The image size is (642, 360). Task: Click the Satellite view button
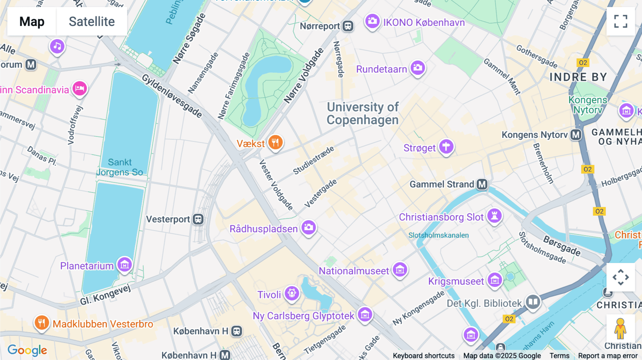pyautogui.click(x=92, y=21)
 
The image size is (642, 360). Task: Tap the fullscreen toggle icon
pyautogui.click(x=621, y=21)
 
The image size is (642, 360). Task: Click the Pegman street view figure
pyautogui.click(x=620, y=328)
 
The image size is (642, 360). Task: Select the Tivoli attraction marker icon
pyautogui.click(x=292, y=293)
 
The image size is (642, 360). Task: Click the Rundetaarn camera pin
pyautogui.click(x=418, y=67)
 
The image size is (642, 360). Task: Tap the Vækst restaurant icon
pyautogui.click(x=275, y=143)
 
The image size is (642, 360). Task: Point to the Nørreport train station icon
pyautogui.click(x=348, y=26)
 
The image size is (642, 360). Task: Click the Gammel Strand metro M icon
pyautogui.click(x=482, y=184)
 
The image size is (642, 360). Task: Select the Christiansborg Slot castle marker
pyautogui.click(x=494, y=216)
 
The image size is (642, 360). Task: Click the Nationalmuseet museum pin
pyautogui.click(x=400, y=270)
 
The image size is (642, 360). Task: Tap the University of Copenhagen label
pyautogui.click(x=363, y=113)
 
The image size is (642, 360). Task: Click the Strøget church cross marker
pyautogui.click(x=446, y=146)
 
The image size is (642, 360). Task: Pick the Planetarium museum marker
pyautogui.click(x=124, y=264)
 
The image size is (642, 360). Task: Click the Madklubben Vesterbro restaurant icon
pyautogui.click(x=42, y=323)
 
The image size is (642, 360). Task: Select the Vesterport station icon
pyautogui.click(x=198, y=219)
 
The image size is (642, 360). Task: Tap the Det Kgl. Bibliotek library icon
pyautogui.click(x=533, y=302)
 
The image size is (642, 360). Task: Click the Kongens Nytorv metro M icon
pyautogui.click(x=576, y=135)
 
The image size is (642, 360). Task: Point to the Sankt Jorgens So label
pyautogui.click(x=120, y=167)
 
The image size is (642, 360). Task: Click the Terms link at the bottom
pyautogui.click(x=559, y=356)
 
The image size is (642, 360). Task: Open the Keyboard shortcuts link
pyautogui.click(x=423, y=356)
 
